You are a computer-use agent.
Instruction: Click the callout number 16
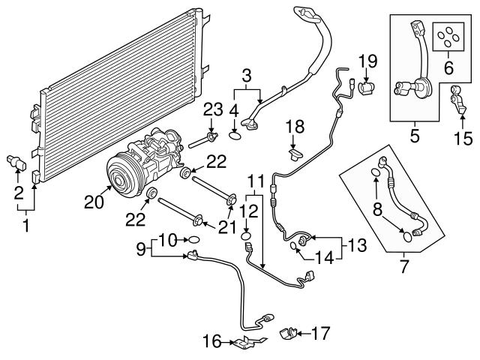pyautogui.click(x=210, y=343)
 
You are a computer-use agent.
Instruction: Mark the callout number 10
pyautogui.click(x=168, y=240)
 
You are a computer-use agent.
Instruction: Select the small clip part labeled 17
pyautogui.click(x=288, y=332)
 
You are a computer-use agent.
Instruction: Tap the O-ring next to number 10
pyautogui.click(x=193, y=241)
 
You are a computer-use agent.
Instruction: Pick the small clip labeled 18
pyautogui.click(x=295, y=154)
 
